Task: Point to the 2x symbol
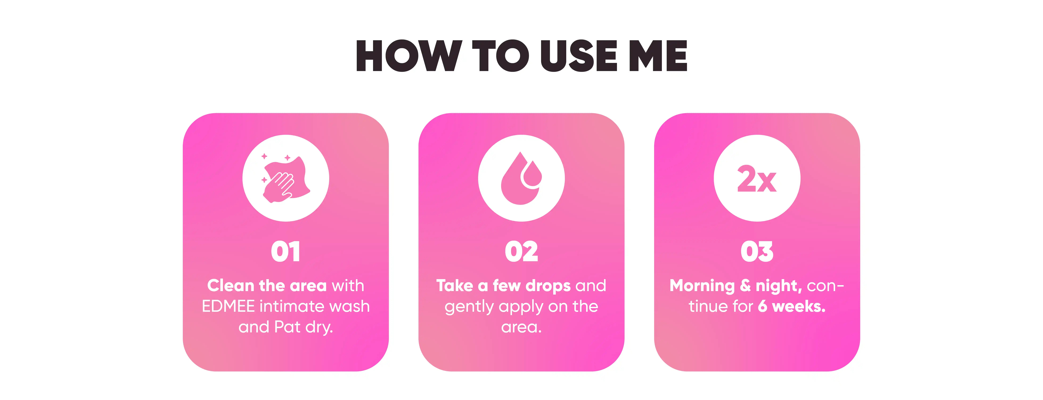[x=757, y=179]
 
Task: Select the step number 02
[x=521, y=252]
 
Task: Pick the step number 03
[x=757, y=252]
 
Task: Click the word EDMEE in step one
[x=228, y=306]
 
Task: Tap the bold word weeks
[x=799, y=306]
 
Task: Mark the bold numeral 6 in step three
[x=762, y=306]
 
